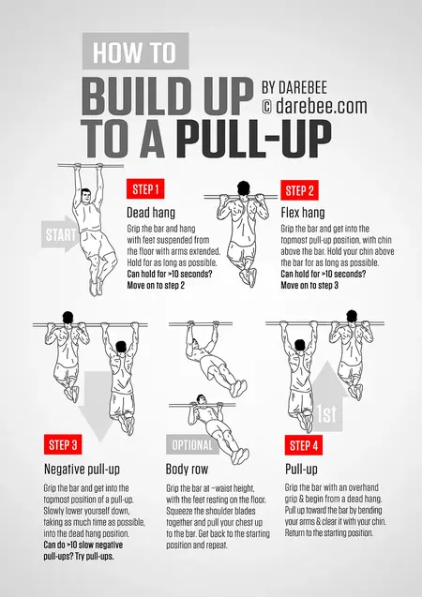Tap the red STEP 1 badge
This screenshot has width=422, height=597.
tap(146, 189)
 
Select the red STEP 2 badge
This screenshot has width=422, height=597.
tap(299, 191)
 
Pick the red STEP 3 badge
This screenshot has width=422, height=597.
tap(65, 444)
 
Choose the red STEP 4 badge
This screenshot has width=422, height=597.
tap(305, 444)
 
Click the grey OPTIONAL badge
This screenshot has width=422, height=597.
tap(192, 444)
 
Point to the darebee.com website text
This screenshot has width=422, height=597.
tap(314, 107)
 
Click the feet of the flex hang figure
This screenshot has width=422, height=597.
tap(249, 276)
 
